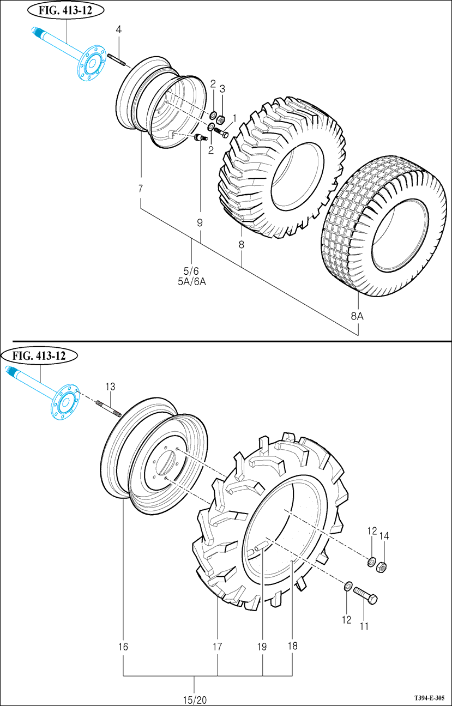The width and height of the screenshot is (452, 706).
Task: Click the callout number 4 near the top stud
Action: [119, 28]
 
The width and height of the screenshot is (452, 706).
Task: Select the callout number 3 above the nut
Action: [222, 88]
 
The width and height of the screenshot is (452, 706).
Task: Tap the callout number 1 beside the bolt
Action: [234, 118]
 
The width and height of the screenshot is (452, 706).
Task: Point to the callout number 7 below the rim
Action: [140, 189]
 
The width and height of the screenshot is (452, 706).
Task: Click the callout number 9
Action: [200, 222]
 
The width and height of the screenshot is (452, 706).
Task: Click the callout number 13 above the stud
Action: [111, 387]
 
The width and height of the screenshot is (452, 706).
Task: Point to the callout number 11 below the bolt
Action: [364, 626]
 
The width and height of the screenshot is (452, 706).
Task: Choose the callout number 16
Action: [123, 647]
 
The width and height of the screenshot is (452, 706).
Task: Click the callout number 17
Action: [217, 647]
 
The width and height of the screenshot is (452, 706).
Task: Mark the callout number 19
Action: [262, 647]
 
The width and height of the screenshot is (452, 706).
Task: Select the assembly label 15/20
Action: [195, 699]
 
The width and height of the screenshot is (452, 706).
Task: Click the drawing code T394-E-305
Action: [429, 698]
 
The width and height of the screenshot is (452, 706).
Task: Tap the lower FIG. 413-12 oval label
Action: [40, 356]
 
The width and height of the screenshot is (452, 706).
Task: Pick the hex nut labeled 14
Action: [382, 567]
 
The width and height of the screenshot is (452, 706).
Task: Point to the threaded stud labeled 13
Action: [107, 409]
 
